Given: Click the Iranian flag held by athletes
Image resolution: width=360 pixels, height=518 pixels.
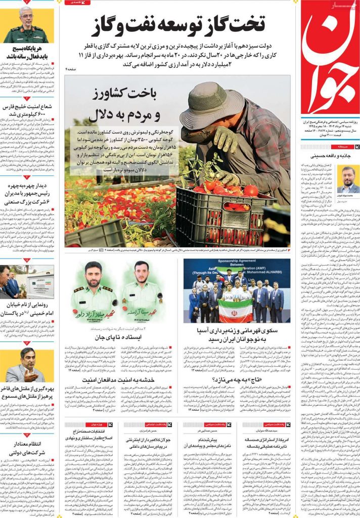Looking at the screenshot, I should [235, 310].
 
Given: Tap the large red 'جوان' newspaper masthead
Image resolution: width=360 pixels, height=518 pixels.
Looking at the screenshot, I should [330, 61].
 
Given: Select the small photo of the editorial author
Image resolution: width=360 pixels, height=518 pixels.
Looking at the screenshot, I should [348, 179].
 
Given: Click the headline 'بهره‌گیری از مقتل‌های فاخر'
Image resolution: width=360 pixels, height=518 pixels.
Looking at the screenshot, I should [27, 392].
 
